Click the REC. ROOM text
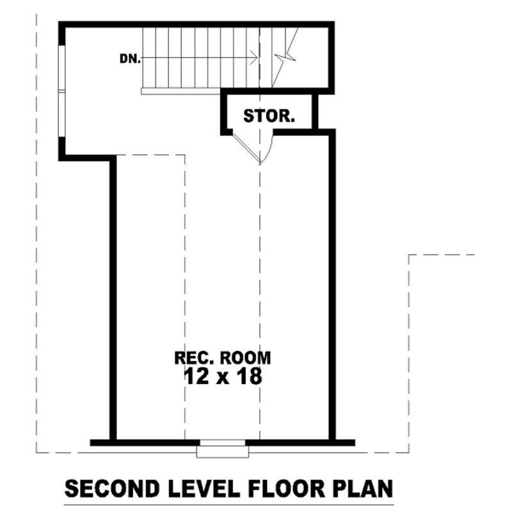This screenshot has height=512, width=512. (222, 357)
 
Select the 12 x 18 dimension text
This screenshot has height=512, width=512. (222, 377)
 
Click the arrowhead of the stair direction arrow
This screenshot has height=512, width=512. (255, 58)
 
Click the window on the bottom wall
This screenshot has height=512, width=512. (221, 449)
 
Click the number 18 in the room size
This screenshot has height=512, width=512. (249, 377)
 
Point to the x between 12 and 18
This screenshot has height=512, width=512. (222, 378)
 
